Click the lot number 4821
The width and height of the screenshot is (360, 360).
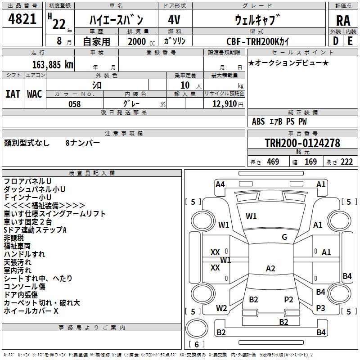tap(22, 20)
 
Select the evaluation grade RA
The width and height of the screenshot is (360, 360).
tap(343, 20)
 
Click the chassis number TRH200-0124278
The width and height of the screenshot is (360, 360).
tap(302, 144)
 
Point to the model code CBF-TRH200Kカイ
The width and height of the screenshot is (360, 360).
tap(258, 40)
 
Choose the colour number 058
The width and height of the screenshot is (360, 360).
tap(74, 104)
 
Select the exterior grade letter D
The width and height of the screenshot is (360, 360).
tap(336, 40)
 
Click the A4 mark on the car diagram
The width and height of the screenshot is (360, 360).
tap(220, 184)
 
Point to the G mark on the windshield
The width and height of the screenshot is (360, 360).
tap(284, 237)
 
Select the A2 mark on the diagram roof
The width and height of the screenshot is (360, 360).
tap(270, 269)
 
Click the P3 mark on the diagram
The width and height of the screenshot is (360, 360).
tap(320, 308)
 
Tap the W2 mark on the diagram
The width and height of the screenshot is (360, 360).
tap(221, 308)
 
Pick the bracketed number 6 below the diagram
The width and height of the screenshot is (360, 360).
tap(197, 345)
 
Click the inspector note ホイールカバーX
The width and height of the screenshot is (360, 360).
tap(31, 311)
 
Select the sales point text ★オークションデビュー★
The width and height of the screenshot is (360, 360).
tap(288, 63)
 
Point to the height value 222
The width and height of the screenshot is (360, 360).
tap(346, 162)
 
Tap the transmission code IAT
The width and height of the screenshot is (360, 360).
tap(13, 94)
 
